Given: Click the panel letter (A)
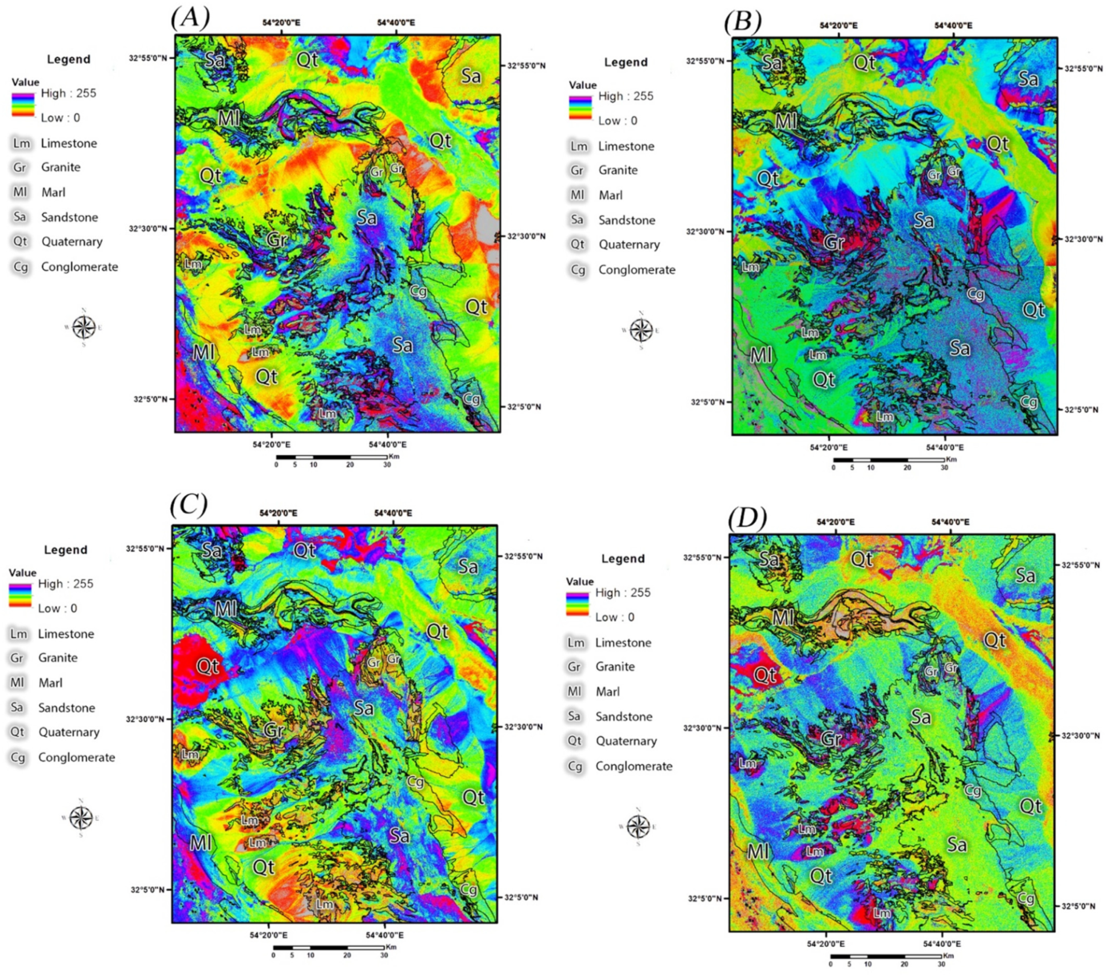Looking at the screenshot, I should click(190, 19).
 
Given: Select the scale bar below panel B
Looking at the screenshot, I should click(888, 460).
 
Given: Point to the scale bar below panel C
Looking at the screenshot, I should click(328, 948).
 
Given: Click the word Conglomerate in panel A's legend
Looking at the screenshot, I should click(79, 267).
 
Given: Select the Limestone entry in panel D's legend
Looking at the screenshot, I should click(623, 643).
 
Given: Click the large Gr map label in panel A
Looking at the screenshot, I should click(276, 239).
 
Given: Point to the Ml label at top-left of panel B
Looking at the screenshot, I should click(786, 120).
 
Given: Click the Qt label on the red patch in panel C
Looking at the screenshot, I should click(207, 666).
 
